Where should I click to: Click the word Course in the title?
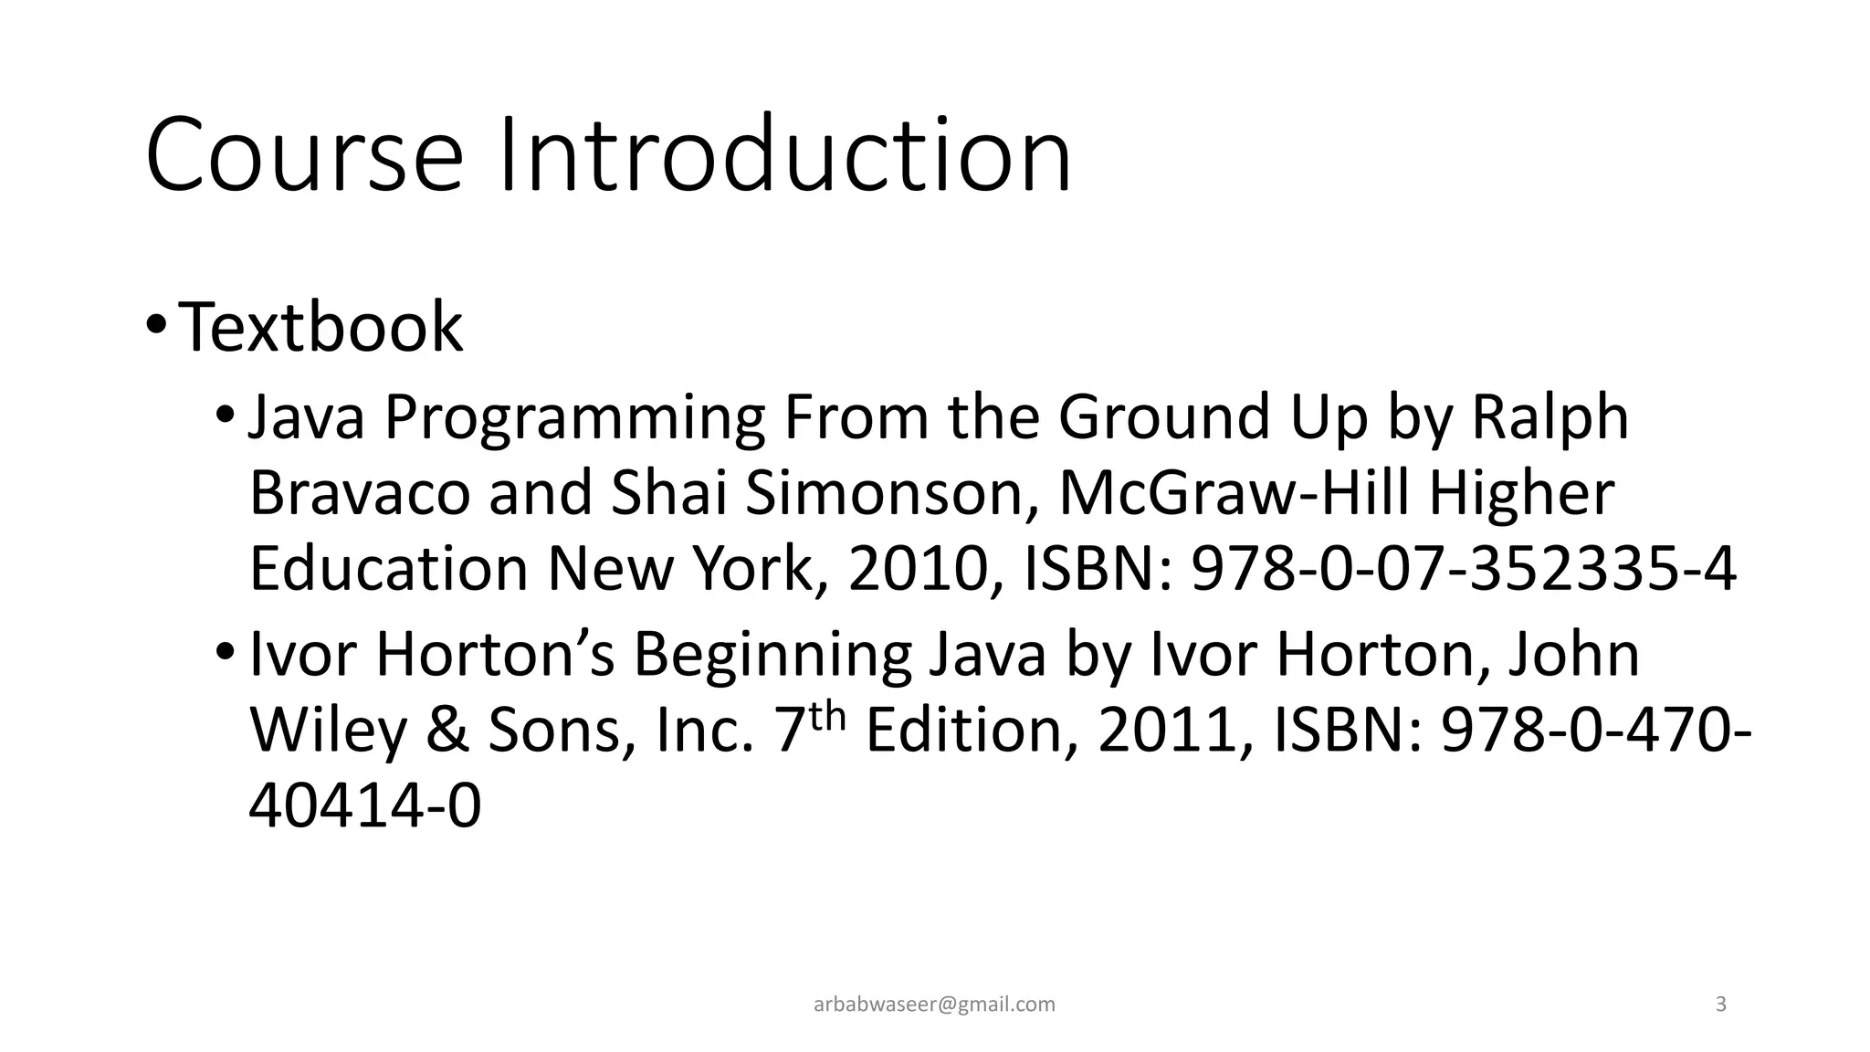pyautogui.click(x=303, y=155)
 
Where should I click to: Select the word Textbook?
pyautogui.click(x=320, y=327)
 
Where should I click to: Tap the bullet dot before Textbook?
pyautogui.click(x=155, y=325)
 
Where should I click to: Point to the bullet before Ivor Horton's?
pyautogui.click(x=225, y=653)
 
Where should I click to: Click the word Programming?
pyautogui.click(x=573, y=418)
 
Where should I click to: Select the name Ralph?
pyautogui.click(x=1550, y=418)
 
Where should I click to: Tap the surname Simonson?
pyautogui.click(x=891, y=493)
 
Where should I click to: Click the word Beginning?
pyautogui.click(x=772, y=655)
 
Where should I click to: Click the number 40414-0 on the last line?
pyautogui.click(x=364, y=806)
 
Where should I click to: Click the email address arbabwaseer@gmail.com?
pyautogui.click(x=934, y=1005)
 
